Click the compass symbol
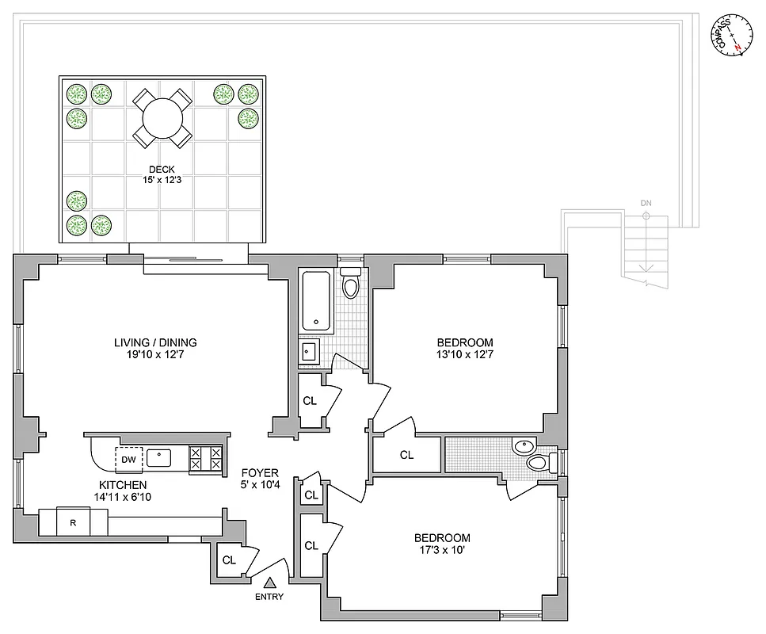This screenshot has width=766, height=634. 733,36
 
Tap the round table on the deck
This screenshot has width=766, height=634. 162,118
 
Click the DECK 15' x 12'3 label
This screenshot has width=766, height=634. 162,174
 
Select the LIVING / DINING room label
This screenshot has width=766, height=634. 155,349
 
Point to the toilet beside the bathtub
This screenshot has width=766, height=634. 350,284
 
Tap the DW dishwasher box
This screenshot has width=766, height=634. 128,458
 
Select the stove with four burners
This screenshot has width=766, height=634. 205,457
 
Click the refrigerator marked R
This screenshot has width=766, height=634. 73,522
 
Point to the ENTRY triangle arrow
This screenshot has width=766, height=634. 269,582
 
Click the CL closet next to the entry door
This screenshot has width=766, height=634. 229,560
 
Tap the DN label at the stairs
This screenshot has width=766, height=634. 646,204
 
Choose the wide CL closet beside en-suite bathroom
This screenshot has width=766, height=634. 406,455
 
